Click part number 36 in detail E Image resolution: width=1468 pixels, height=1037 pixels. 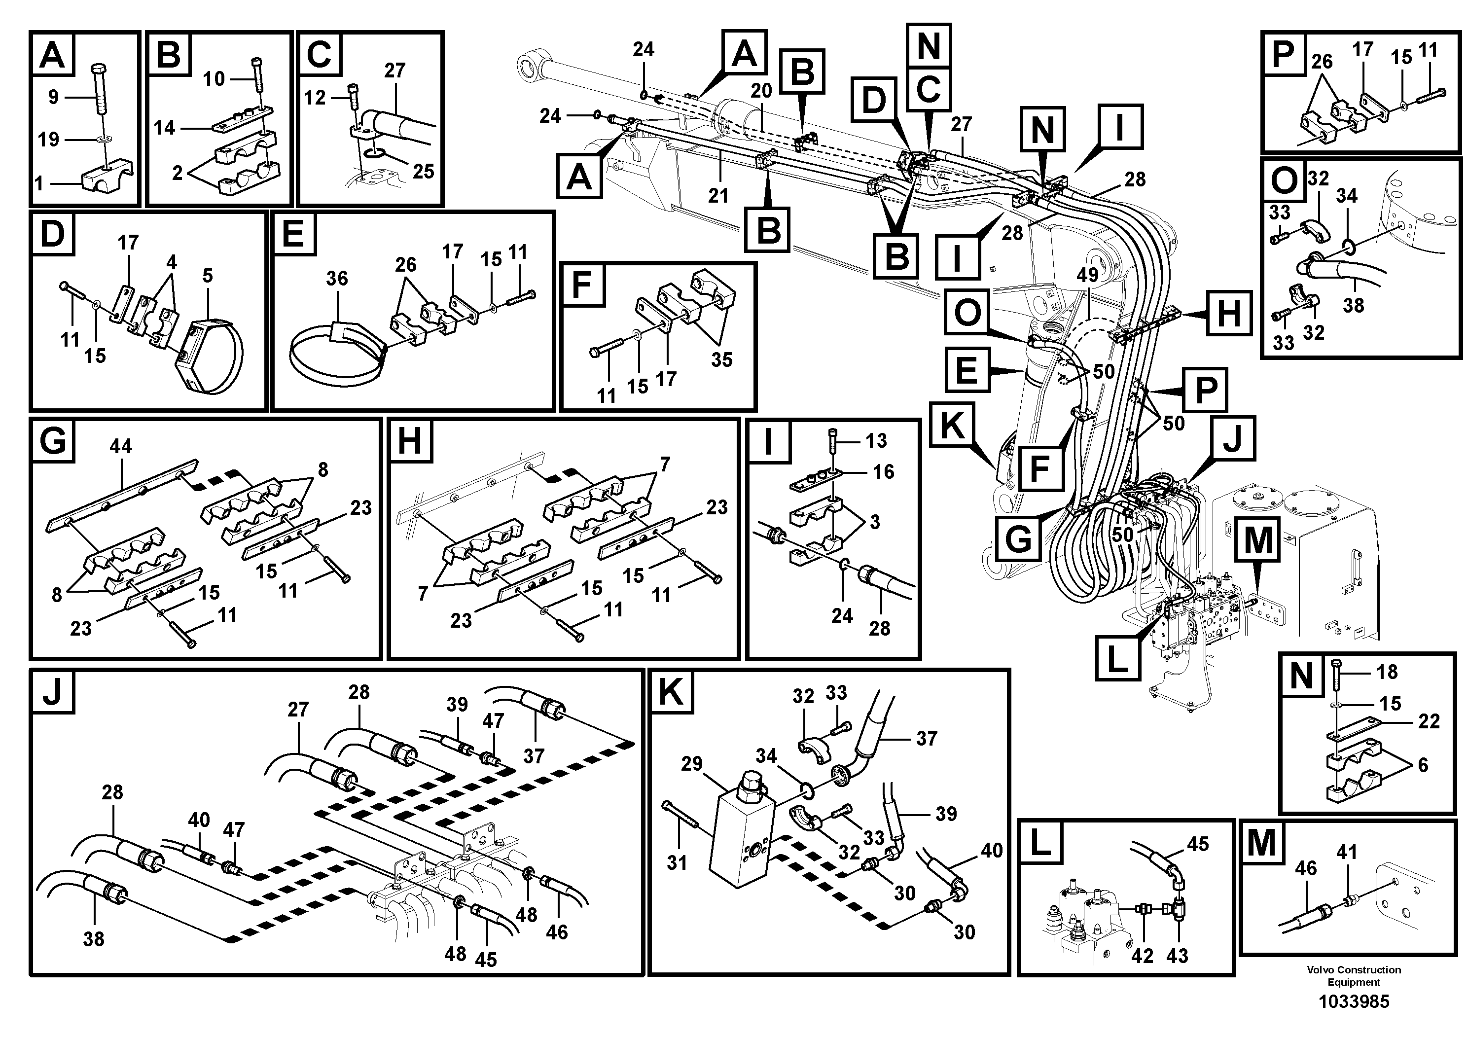(337, 278)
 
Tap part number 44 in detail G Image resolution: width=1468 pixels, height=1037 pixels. (121, 446)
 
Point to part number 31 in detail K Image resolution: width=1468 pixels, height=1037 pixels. (677, 862)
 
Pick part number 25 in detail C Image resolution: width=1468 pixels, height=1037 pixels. (423, 171)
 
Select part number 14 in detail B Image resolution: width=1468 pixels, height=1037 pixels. (164, 128)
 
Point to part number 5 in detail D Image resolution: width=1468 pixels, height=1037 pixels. (207, 276)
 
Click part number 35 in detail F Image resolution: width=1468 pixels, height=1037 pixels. (722, 359)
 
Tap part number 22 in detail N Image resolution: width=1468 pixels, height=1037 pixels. (1429, 721)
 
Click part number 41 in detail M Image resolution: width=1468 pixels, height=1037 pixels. (1347, 852)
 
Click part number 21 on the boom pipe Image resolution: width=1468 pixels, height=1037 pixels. (718, 195)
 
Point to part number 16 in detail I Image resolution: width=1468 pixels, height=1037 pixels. (884, 472)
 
